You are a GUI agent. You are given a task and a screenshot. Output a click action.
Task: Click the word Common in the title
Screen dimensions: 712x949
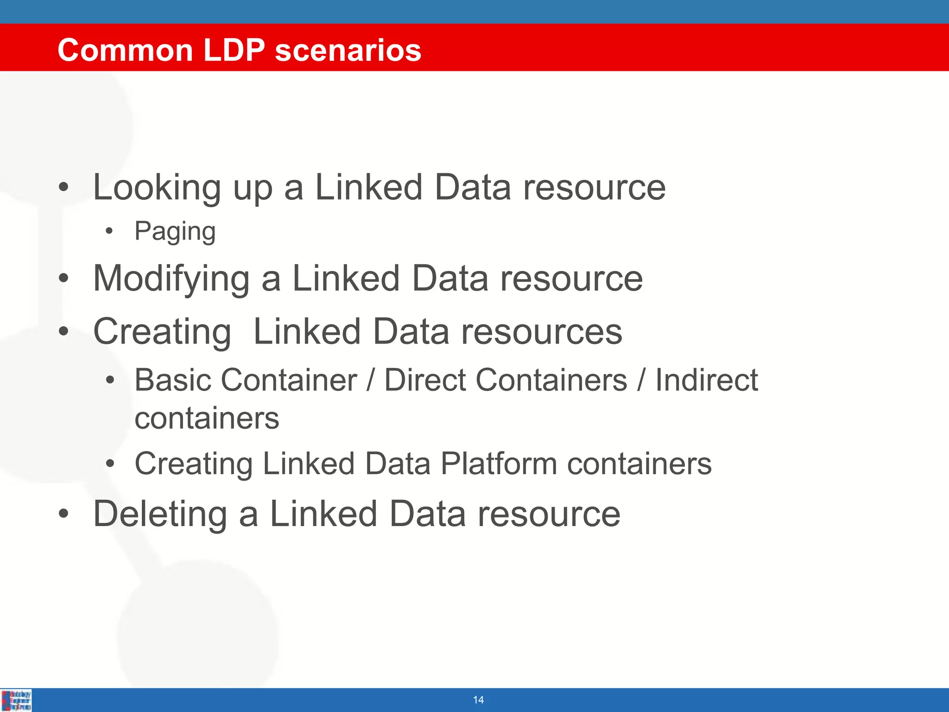click(x=125, y=50)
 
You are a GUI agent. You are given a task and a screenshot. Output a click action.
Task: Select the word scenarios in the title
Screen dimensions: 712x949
click(x=348, y=50)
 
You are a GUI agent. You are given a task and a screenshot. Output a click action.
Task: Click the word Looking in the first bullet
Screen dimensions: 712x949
click(x=157, y=188)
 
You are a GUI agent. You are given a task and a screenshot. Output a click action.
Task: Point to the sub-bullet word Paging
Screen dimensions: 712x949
click(x=175, y=231)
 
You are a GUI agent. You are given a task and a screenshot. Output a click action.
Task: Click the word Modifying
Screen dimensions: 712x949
click(x=171, y=279)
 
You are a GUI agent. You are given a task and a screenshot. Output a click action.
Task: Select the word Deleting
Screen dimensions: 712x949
click(x=160, y=514)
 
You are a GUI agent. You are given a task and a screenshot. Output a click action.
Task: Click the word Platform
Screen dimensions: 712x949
click(x=498, y=464)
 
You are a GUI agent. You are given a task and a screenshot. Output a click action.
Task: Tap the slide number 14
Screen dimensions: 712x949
click(x=478, y=700)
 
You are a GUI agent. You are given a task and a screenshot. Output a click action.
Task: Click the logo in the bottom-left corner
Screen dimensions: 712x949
click(x=17, y=700)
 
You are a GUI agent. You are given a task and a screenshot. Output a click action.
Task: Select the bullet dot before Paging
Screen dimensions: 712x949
click(x=109, y=231)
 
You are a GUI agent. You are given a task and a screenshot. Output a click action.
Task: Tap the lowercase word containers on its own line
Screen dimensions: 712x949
click(x=207, y=419)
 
